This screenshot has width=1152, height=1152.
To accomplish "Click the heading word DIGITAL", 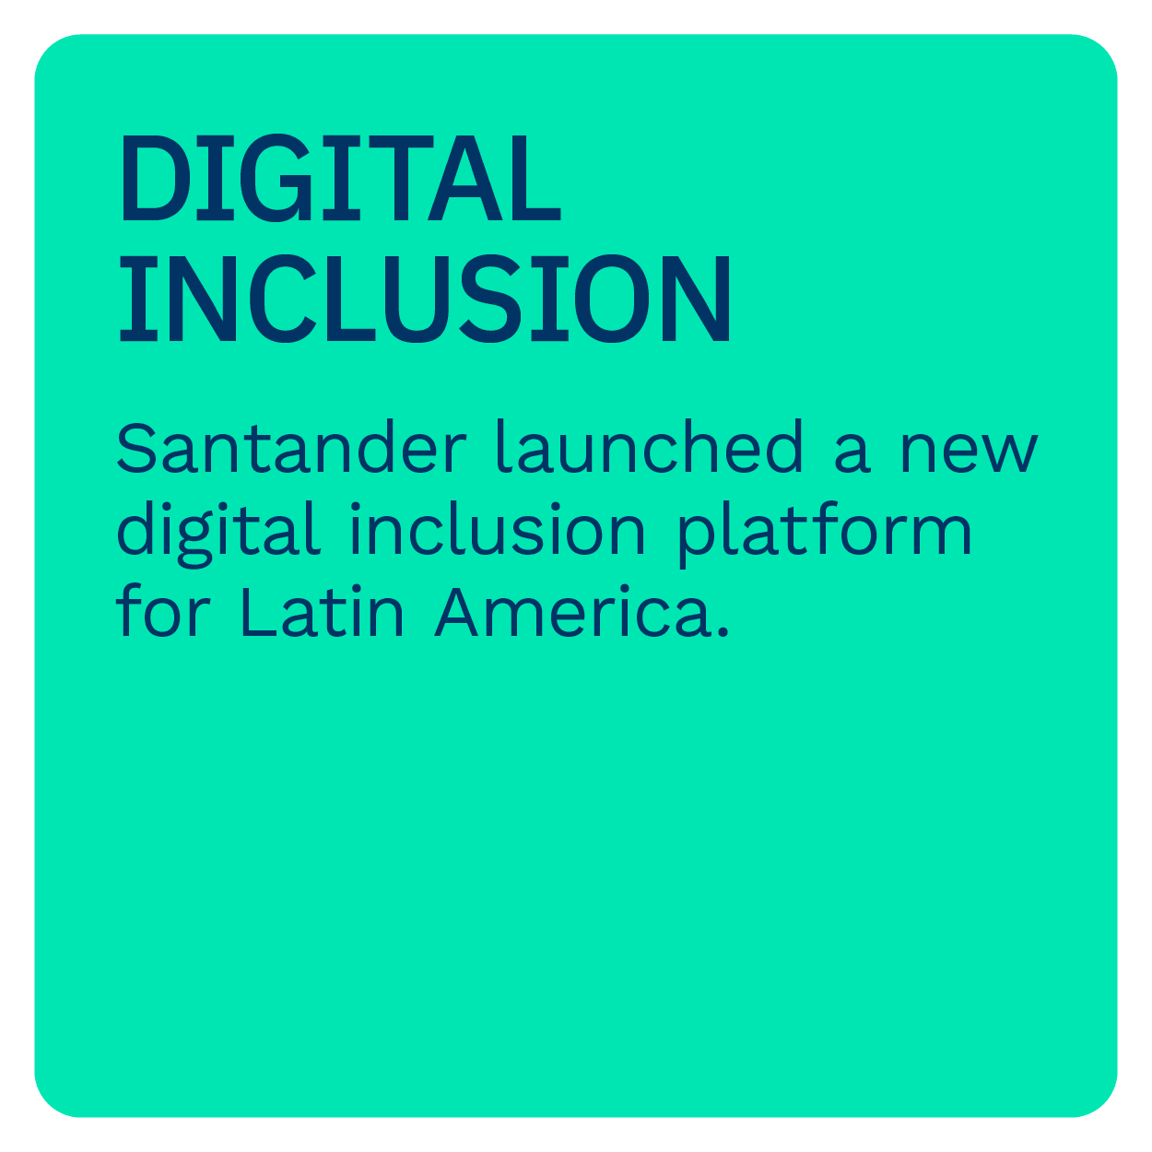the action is pyautogui.click(x=341, y=178).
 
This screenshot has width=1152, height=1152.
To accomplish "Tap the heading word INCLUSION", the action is pyautogui.click(x=425, y=299).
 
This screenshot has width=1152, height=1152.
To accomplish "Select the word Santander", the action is pyautogui.click(x=291, y=447).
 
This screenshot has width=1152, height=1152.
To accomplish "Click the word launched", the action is pyautogui.click(x=650, y=446).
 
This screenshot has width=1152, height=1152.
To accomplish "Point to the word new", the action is pyautogui.click(x=970, y=452).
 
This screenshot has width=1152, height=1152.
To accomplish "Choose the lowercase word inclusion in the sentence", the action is pyautogui.click(x=498, y=528).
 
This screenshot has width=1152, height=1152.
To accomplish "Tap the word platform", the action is pyautogui.click(x=825, y=535).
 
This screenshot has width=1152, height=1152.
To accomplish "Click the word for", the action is pyautogui.click(x=162, y=610).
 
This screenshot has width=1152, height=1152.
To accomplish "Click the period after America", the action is pyautogui.click(x=723, y=632).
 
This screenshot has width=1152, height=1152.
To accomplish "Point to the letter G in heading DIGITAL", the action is pyautogui.click(x=276, y=178).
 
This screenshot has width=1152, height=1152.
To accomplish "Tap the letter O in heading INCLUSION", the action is pyautogui.click(x=612, y=299).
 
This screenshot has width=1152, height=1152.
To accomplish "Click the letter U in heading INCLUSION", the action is pyautogui.click(x=417, y=300).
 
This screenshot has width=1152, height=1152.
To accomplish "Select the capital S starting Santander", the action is pyautogui.click(x=136, y=448).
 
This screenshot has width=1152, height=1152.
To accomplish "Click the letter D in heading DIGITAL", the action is pyautogui.click(x=156, y=178).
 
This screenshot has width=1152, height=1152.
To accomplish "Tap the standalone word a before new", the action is pyautogui.click(x=852, y=452).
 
